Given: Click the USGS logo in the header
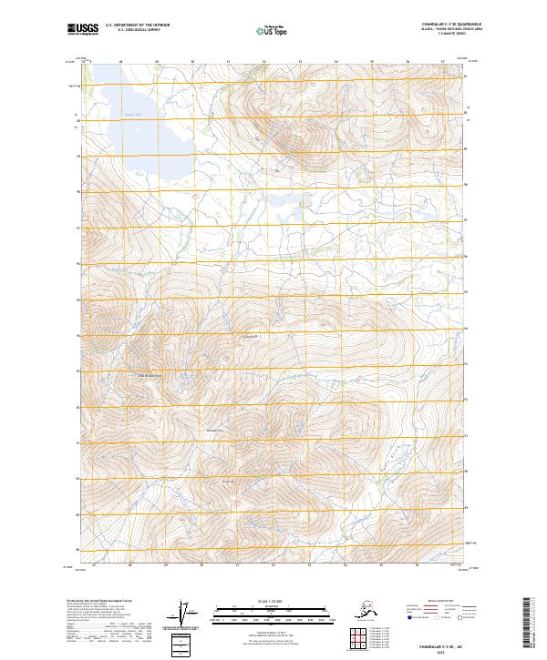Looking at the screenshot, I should click(83, 30).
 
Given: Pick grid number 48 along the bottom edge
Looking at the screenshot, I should click(130, 565).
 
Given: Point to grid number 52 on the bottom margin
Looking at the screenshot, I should click(273, 565).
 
